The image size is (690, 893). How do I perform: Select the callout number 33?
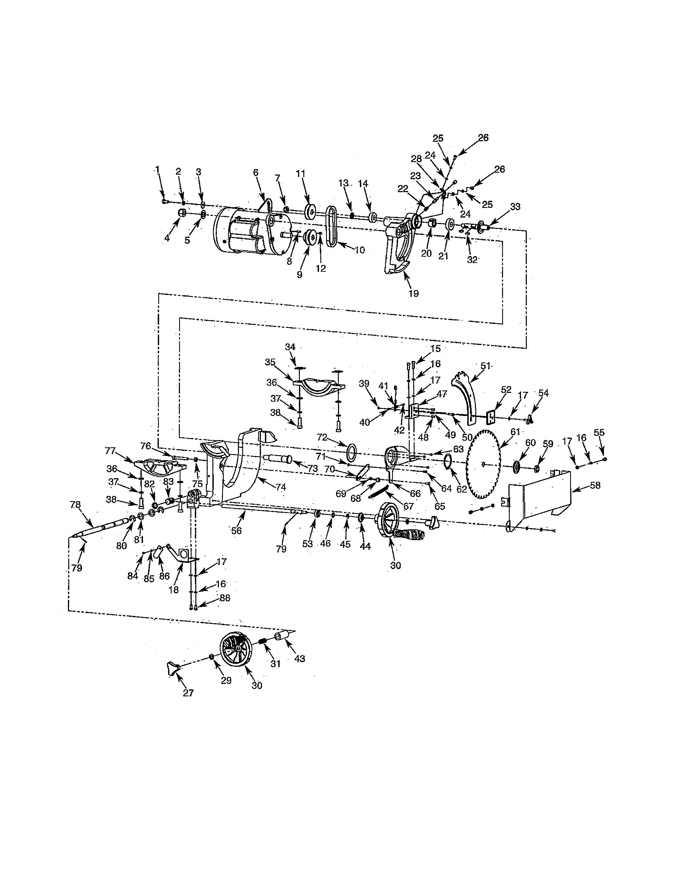pyautogui.click(x=515, y=207)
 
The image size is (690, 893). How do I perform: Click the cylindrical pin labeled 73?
pyautogui.click(x=278, y=459)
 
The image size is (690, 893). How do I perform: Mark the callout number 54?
pyautogui.click(x=543, y=393)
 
